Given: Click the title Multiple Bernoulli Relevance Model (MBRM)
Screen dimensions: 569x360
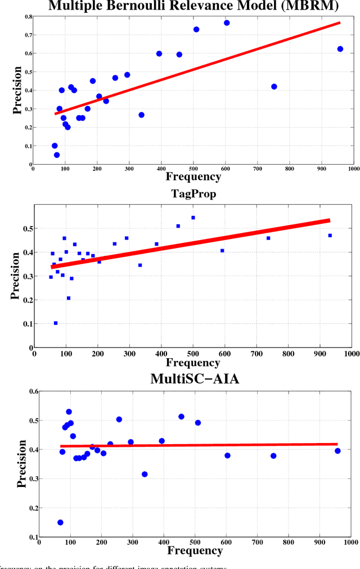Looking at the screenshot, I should pyautogui.click(x=193, y=6).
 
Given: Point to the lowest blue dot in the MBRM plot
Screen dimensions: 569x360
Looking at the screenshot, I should pyautogui.click(x=57, y=155).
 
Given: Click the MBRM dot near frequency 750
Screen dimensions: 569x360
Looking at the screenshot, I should pyautogui.click(x=274, y=87).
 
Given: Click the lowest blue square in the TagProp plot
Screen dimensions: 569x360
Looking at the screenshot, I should pyautogui.click(x=56, y=323).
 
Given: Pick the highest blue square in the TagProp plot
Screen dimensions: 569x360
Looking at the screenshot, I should pyautogui.click(x=193, y=218).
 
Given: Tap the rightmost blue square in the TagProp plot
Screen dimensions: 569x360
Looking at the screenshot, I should pyautogui.click(x=330, y=236).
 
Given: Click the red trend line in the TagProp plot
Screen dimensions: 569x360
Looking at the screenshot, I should pyautogui.click(x=191, y=243).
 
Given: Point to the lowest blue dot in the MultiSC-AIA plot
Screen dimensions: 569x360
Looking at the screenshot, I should pyautogui.click(x=60, y=522).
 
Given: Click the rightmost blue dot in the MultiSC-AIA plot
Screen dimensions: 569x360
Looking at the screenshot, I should pyautogui.click(x=337, y=451).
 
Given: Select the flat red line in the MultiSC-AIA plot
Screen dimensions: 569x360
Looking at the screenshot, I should pyautogui.click(x=197, y=445).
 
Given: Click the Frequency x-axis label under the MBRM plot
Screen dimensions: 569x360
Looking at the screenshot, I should pyautogui.click(x=193, y=177).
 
